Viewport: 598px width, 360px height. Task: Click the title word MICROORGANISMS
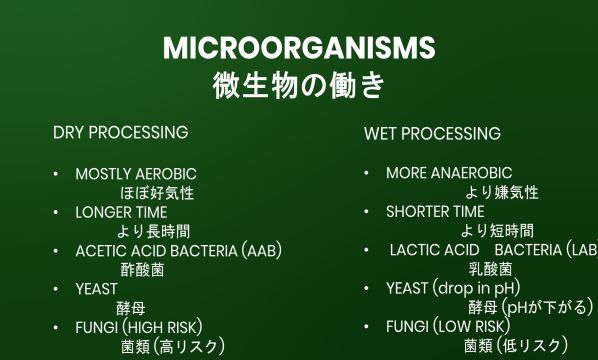coord(298,47)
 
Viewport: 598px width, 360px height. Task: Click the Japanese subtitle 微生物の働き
coord(298,85)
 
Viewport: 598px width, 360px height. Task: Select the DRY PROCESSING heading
coord(120,132)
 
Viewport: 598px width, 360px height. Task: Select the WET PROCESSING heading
coord(432,133)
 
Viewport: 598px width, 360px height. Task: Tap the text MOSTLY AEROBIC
coord(136,174)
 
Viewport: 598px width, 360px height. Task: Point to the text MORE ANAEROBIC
coord(449,173)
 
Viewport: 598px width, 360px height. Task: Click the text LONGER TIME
coord(121,212)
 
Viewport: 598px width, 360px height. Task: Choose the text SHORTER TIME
coord(435,211)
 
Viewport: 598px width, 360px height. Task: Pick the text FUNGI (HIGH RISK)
coord(139,327)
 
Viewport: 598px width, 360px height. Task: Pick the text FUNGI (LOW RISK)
coord(448,326)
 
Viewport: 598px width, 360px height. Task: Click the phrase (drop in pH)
coord(477,288)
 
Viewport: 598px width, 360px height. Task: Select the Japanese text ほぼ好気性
coord(157,193)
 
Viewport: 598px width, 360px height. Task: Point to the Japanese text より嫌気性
coord(501,192)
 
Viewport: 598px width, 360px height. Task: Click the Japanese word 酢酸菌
coord(142,270)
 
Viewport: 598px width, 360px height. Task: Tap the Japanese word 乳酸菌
coord(490,269)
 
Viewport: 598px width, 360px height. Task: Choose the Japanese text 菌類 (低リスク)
coord(515,346)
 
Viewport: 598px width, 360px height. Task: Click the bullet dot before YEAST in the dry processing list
coord(56,289)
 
